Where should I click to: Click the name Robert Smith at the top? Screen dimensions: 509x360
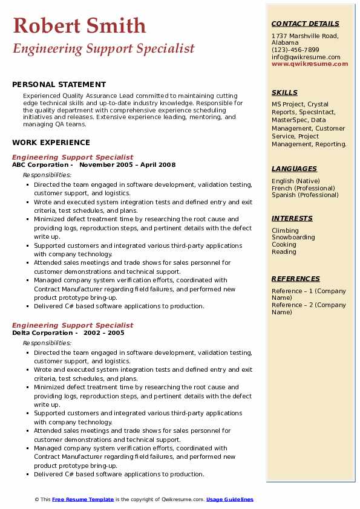(x=79, y=25)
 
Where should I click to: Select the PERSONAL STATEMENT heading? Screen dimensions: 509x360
(x=59, y=85)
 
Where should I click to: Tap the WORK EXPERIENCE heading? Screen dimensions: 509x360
(x=51, y=143)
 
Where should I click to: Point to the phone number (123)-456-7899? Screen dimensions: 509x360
(x=295, y=50)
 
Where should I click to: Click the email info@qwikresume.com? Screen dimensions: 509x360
(x=306, y=57)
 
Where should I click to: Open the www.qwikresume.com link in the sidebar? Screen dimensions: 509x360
(x=310, y=64)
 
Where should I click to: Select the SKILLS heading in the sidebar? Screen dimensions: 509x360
(x=284, y=92)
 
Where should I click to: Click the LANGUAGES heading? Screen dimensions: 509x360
(x=294, y=169)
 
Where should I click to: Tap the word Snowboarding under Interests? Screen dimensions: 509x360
(x=293, y=238)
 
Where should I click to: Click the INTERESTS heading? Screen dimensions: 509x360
(x=292, y=218)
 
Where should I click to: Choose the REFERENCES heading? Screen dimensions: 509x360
(x=296, y=279)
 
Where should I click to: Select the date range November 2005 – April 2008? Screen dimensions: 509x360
(x=127, y=165)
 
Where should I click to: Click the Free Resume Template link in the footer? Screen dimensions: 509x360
(x=83, y=499)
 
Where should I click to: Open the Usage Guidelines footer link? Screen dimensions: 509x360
(x=229, y=499)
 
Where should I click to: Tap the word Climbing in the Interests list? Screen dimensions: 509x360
(x=285, y=230)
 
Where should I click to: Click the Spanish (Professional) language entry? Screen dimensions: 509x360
(x=305, y=195)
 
